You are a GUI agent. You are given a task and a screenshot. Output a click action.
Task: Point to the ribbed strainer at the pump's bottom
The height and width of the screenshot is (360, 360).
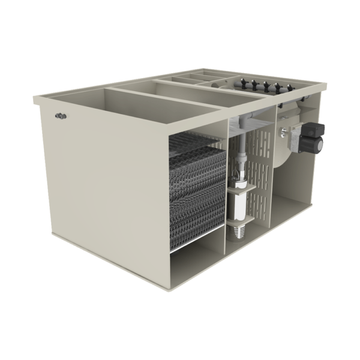click(239, 230)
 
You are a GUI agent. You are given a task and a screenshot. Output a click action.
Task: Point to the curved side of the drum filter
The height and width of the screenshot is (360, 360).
click(280, 150)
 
